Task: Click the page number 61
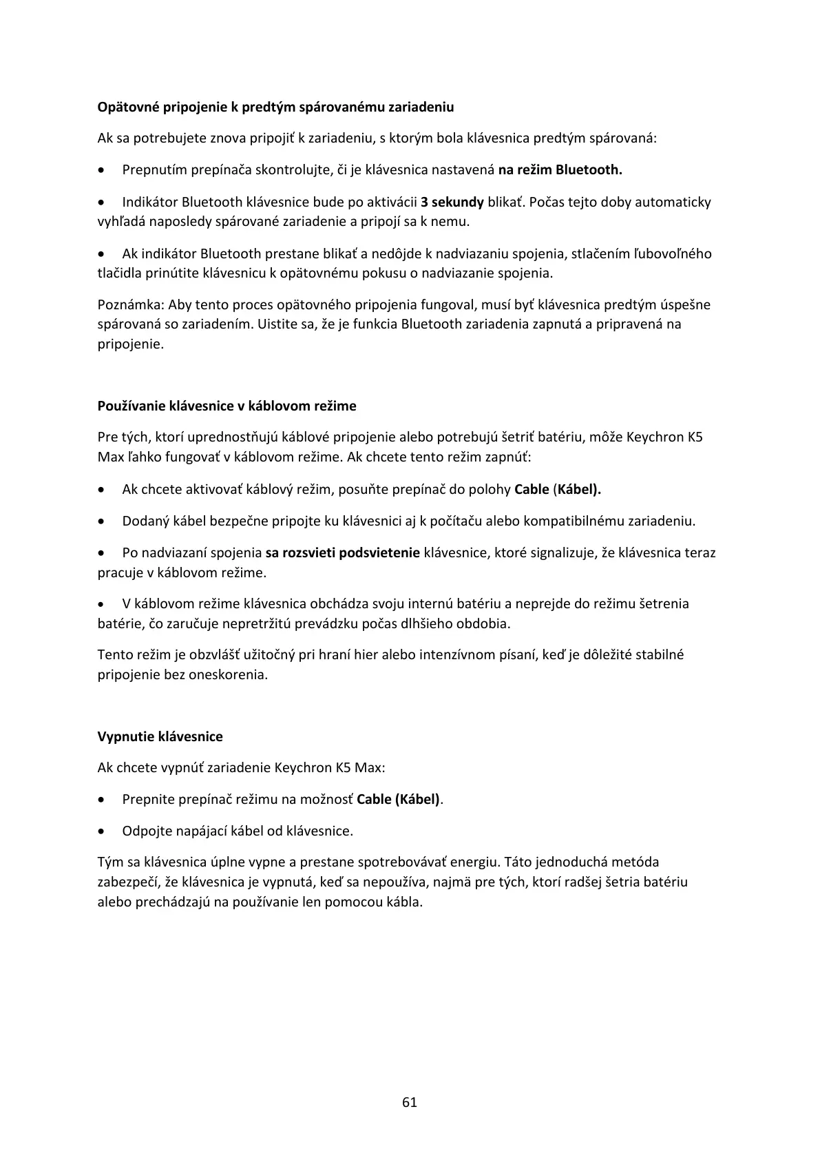click(x=410, y=1101)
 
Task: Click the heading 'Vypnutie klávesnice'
click(x=160, y=736)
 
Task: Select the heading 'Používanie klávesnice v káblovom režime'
click(x=227, y=406)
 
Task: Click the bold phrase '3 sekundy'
click(x=452, y=202)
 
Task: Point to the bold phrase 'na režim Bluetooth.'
click(x=560, y=169)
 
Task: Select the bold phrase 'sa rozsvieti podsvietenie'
click(x=342, y=552)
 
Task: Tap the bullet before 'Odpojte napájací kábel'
click(x=102, y=831)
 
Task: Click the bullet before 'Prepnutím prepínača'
click(x=102, y=170)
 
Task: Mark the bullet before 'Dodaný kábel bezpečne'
click(x=102, y=521)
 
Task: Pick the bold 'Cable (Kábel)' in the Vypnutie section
click(x=399, y=799)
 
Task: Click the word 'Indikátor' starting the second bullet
click(x=149, y=202)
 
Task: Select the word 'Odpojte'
click(x=145, y=831)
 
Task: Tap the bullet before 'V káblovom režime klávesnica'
click(x=102, y=604)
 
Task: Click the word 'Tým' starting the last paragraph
click(x=109, y=862)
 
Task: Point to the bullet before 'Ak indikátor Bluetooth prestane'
click(x=102, y=254)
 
